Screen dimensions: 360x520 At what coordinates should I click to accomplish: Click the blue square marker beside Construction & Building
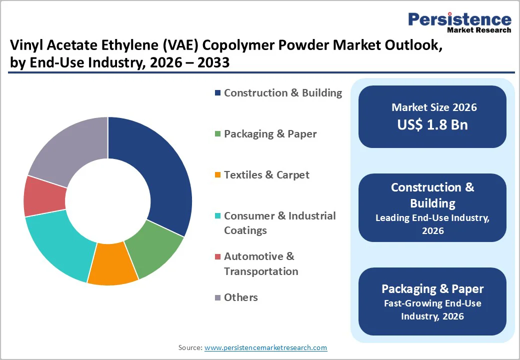tap(217, 93)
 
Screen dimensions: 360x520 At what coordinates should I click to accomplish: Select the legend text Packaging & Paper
tap(270, 134)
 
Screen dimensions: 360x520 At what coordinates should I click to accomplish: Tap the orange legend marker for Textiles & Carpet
tap(217, 175)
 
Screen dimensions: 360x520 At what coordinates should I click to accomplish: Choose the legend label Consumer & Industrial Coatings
tap(279, 223)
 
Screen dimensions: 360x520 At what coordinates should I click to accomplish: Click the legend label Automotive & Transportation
tap(260, 263)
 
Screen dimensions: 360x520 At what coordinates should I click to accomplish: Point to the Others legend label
tap(240, 297)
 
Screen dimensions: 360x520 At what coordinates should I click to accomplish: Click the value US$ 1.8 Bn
tap(432, 124)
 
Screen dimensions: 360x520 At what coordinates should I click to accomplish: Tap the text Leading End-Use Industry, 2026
tap(432, 224)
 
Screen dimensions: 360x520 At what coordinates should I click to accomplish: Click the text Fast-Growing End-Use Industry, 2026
tap(432, 309)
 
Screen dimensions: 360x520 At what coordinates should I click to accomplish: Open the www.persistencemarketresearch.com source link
tap(265, 347)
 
